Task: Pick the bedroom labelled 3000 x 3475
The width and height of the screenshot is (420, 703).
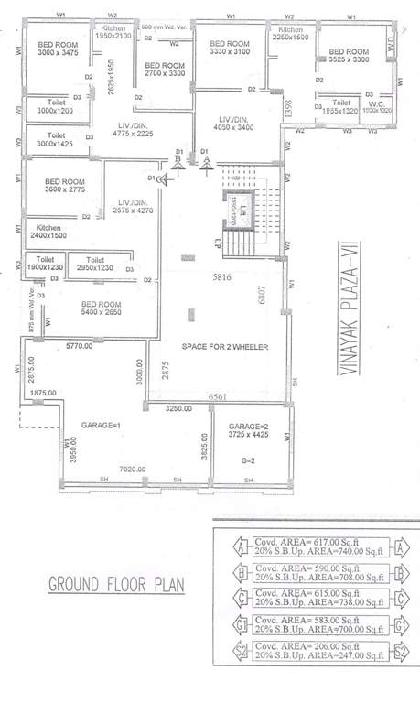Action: [x=56, y=49]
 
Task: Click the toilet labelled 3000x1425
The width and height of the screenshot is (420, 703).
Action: [x=54, y=139]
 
